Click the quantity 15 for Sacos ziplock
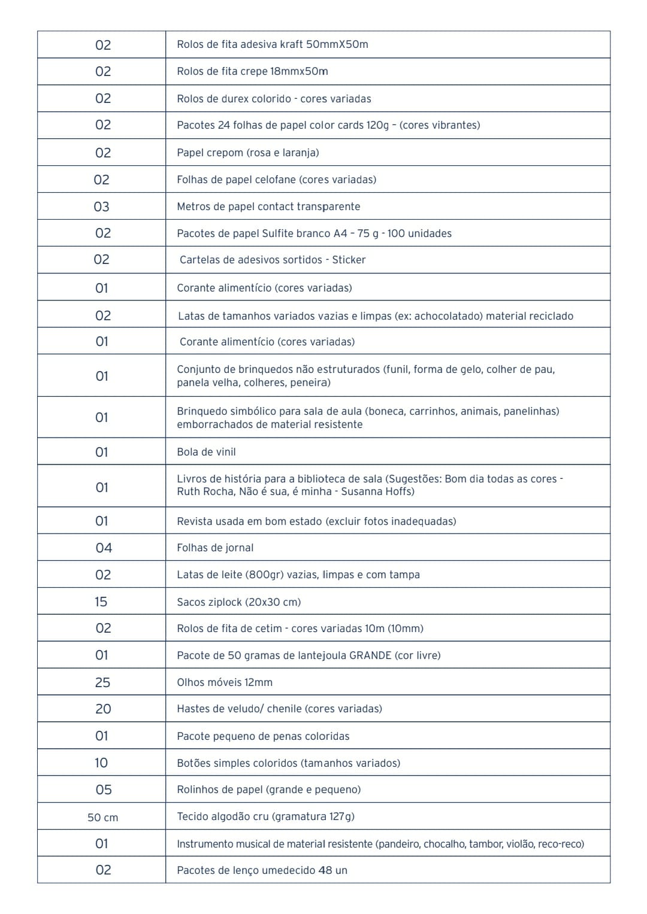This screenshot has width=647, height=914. click(x=101, y=602)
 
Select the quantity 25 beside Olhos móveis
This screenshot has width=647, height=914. click(x=102, y=682)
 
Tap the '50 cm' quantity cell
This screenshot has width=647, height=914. click(x=102, y=817)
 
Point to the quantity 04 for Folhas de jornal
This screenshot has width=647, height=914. click(x=104, y=548)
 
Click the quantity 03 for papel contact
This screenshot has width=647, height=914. click(x=102, y=207)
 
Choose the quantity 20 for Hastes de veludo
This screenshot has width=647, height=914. click(x=103, y=709)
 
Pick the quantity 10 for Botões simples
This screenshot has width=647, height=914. click(x=101, y=763)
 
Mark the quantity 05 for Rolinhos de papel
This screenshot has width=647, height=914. click(x=104, y=789)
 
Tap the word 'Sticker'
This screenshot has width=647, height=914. click(x=349, y=260)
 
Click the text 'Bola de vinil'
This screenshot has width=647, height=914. click(x=206, y=452)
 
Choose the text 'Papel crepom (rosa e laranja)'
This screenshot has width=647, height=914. click(x=247, y=153)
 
